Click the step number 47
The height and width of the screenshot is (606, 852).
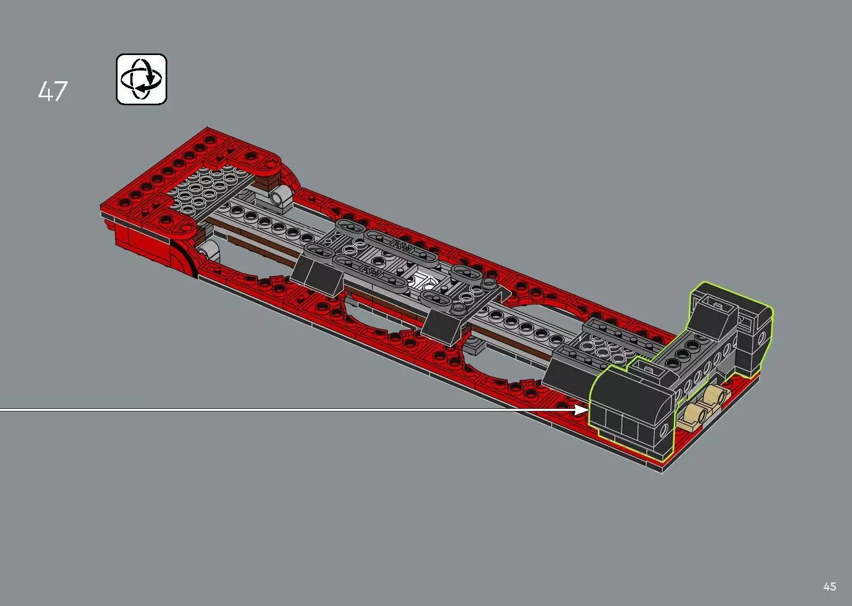(x=53, y=91)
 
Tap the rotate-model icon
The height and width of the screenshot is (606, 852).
(x=142, y=79)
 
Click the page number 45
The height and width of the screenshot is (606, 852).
(x=829, y=586)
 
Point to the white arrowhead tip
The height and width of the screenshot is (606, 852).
(x=588, y=410)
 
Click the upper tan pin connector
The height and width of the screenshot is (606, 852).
(x=715, y=397)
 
